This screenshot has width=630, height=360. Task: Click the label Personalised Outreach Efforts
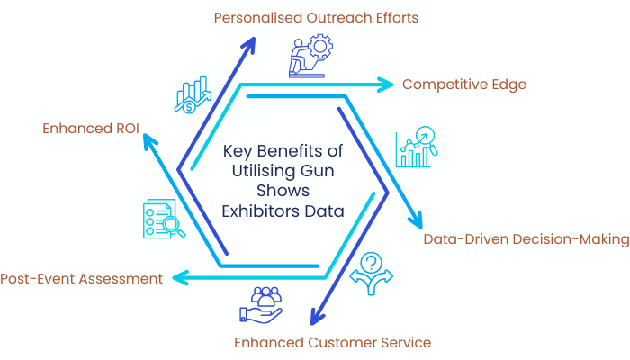click(315, 17)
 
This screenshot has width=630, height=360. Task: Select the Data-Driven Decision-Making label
click(526, 239)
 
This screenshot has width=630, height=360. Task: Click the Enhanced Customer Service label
click(332, 342)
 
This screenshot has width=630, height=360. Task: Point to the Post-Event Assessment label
click(82, 278)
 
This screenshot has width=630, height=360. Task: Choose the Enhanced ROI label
click(91, 129)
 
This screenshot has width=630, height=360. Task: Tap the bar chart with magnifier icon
click(416, 147)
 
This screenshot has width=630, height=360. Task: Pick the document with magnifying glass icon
click(163, 220)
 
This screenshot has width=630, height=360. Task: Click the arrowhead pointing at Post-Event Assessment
click(179, 278)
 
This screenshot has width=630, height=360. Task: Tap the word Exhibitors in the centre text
click(258, 211)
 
